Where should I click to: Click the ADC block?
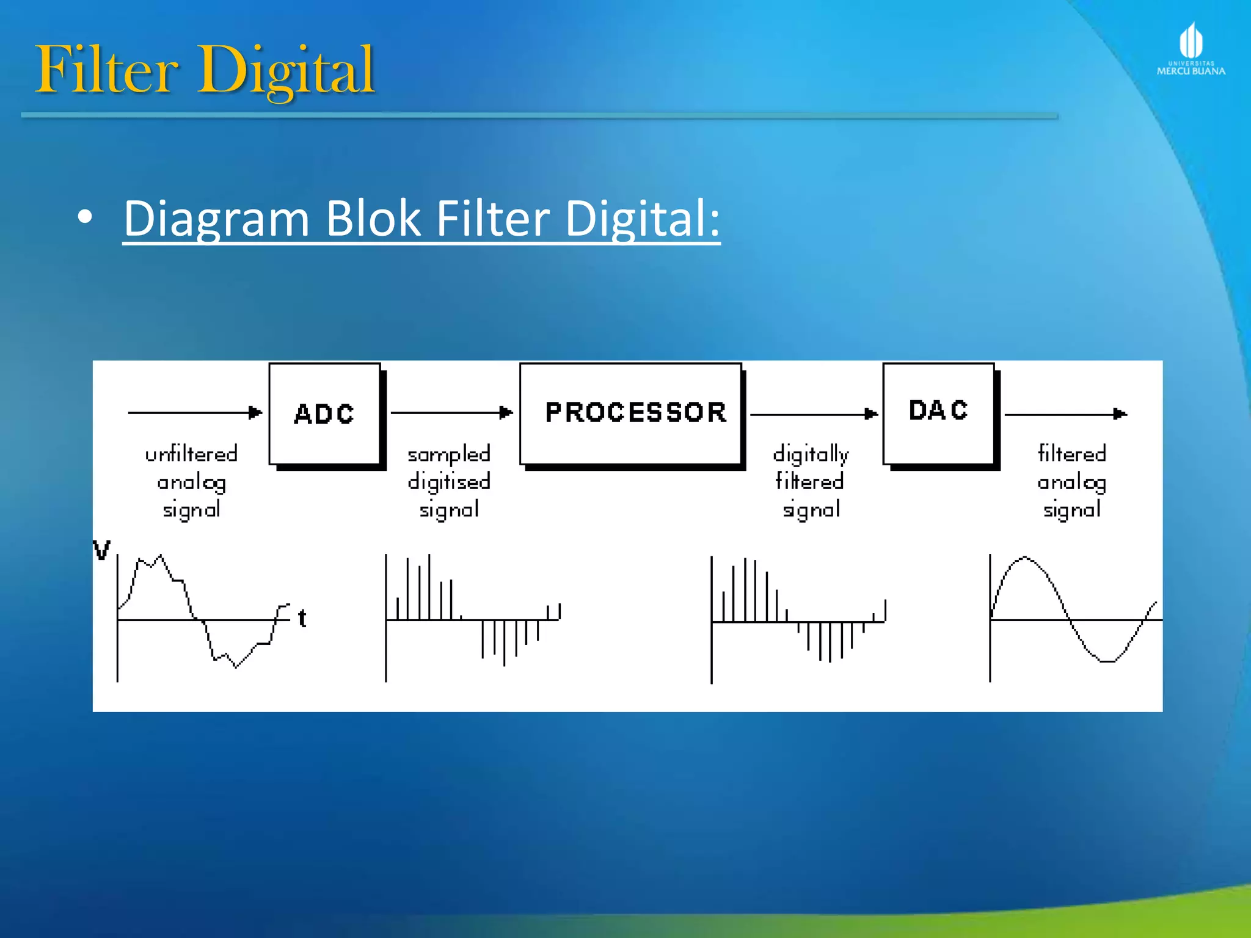[324, 414]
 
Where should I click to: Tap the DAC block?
[938, 413]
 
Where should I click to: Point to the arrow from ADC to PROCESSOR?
[451, 413]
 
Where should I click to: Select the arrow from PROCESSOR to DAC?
[813, 414]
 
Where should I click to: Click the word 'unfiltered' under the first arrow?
[191, 454]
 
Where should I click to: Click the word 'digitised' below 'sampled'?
[449, 482]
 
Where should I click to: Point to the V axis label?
[101, 550]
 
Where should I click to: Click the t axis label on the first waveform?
[302, 619]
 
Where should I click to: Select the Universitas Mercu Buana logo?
[1191, 49]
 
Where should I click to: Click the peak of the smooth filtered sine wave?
[1025, 558]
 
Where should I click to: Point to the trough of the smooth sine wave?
[1107, 661]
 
